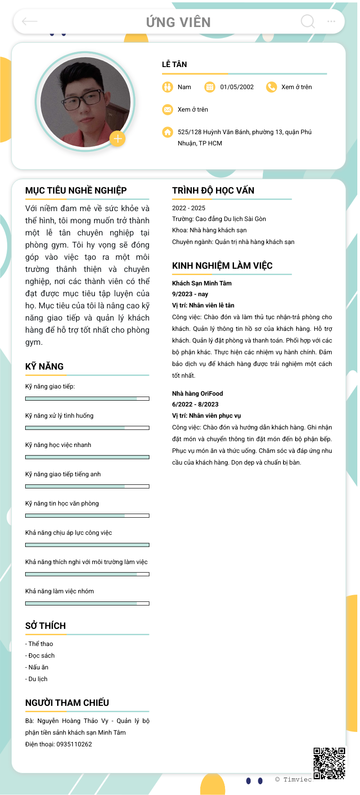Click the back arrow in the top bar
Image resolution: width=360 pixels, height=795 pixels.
coord(30,21)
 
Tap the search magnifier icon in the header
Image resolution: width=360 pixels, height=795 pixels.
coord(308,21)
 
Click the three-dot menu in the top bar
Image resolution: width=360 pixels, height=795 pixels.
coord(331,21)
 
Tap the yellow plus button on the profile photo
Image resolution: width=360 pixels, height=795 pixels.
coord(117,139)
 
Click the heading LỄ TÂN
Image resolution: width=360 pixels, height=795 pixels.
coord(175,64)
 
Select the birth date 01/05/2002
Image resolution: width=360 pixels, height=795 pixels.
coord(237,87)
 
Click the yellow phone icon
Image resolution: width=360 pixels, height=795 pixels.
coord(271,87)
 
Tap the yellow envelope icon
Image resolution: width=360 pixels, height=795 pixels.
coord(167,109)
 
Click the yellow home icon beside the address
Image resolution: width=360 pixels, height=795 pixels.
coord(167,132)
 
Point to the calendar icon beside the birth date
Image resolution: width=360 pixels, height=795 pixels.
coord(210,87)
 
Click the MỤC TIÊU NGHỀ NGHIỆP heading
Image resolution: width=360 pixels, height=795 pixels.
coord(76,190)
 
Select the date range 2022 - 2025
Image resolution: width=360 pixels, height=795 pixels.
coord(189,208)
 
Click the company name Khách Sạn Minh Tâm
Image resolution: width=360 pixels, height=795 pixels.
coord(202,283)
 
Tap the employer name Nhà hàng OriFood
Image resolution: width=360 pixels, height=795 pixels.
coord(198,393)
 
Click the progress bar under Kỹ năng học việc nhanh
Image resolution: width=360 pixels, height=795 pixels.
coord(87,457)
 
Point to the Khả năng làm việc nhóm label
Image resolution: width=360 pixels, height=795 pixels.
coord(59,591)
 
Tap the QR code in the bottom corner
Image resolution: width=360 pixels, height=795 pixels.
coord(329,763)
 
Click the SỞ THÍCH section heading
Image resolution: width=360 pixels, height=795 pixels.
coord(45,626)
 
